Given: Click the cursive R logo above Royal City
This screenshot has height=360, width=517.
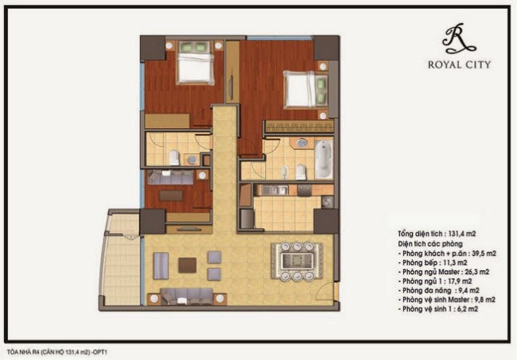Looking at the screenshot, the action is (x=458, y=39).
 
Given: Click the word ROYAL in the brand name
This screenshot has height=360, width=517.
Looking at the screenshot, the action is (x=443, y=64).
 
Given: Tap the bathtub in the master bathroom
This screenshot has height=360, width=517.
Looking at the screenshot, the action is (x=324, y=159).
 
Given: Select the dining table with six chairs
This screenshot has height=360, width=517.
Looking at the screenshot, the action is (x=297, y=261).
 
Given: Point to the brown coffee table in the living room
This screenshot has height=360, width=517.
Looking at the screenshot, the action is (x=187, y=265).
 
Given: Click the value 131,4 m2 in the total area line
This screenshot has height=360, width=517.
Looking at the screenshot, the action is (x=461, y=234).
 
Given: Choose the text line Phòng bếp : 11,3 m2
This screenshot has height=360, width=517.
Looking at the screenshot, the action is (x=434, y=263).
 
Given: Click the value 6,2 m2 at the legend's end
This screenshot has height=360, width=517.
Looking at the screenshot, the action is (x=467, y=309).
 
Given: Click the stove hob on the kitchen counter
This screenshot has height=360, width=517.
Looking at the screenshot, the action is (x=305, y=190).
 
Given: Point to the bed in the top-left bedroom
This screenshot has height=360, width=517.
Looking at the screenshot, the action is (x=194, y=62).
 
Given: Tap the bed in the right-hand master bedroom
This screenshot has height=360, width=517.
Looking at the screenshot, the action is (x=305, y=89).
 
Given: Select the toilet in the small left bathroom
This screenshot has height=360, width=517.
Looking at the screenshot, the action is (x=174, y=157).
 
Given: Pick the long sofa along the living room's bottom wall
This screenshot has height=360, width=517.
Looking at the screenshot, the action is (x=187, y=296).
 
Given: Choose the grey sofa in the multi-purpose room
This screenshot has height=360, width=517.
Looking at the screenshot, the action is (x=170, y=177).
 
